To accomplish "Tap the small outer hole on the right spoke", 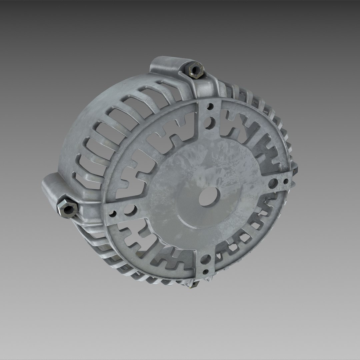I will (286, 181).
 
